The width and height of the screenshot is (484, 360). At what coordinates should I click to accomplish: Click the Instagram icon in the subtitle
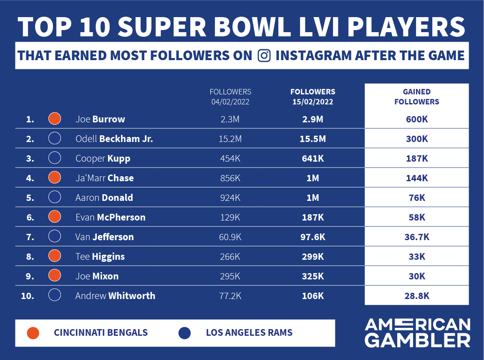pos(264,56)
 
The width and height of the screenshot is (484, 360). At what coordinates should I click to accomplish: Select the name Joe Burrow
pos(100,119)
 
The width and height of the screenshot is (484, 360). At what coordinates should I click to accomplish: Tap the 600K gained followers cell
pos(416,119)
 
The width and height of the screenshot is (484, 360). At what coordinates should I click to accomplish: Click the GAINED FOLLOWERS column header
pos(416,96)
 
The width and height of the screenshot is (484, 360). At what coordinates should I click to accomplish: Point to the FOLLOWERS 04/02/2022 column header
pos(230,96)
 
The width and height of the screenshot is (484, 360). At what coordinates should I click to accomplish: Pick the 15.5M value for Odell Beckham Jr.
pos(313,139)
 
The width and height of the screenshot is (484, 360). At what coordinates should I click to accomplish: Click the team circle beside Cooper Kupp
pos(55,158)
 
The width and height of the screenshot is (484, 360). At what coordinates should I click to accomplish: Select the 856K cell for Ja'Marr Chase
pos(230,178)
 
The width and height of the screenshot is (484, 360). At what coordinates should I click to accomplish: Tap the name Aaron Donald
pos(104,198)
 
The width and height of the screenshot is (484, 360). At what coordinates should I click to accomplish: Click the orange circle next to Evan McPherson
pos(55,217)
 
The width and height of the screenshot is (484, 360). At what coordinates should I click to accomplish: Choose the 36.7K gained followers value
pos(416,237)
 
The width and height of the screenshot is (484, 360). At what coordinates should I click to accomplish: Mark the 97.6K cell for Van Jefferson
pos(313,237)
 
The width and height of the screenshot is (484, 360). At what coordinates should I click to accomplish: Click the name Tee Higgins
pos(100,256)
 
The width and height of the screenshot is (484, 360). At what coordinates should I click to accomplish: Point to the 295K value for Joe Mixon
pos(230,276)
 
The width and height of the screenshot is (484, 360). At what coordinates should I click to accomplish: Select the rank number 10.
pos(27,296)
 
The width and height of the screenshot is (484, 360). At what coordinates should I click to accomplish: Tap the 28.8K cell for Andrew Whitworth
pos(416,296)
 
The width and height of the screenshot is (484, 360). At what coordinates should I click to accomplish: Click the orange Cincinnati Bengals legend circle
pos(33,333)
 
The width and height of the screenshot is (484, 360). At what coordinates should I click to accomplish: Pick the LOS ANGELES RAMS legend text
pos(249,333)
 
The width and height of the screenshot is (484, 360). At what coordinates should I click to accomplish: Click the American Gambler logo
pos(417,333)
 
